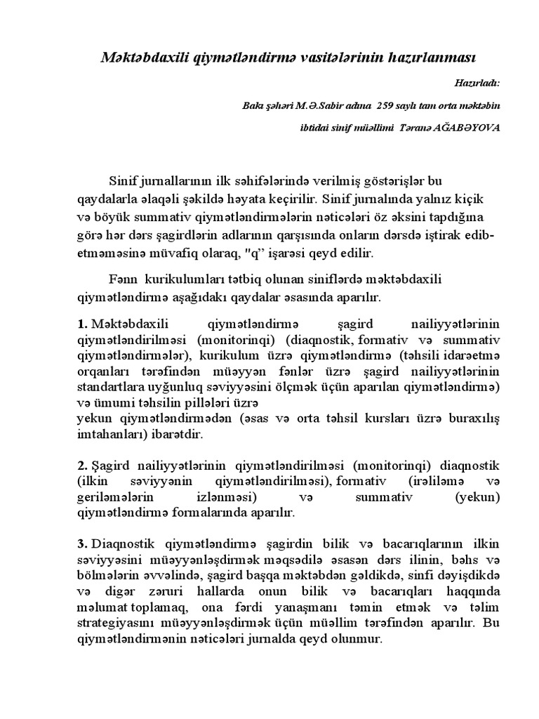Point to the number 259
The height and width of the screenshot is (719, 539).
(388, 105)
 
